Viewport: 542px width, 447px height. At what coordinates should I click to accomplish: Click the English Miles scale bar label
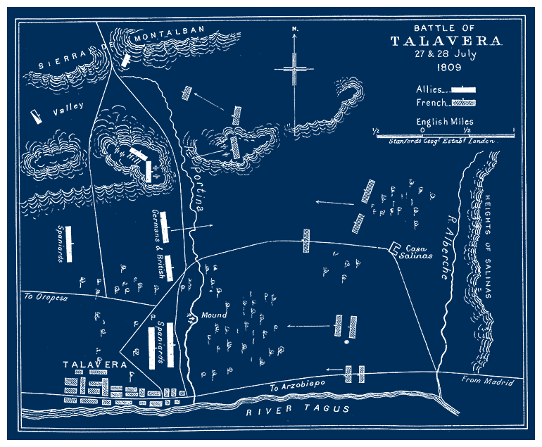tap(445, 122)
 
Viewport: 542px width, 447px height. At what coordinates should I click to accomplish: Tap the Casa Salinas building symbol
tap(395, 248)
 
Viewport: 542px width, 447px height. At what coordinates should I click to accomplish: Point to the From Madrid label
tap(487, 382)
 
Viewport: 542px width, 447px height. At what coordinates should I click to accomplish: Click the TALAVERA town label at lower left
tap(94, 365)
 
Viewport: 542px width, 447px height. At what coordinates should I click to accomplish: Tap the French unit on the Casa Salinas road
tap(306, 240)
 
